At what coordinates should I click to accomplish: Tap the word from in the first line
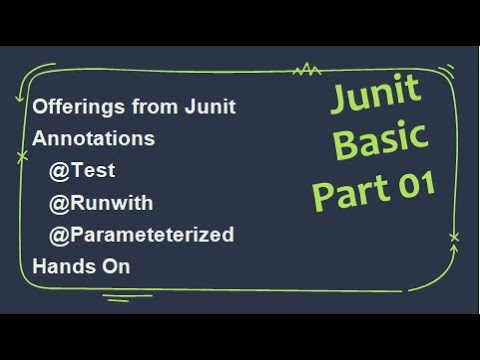pyautogui.click(x=152, y=107)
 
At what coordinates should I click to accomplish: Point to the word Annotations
pyautogui.click(x=93, y=139)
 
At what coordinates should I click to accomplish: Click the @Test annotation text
pyautogui.click(x=87, y=171)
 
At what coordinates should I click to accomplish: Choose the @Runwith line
pyautogui.click(x=100, y=203)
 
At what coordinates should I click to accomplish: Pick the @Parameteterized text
pyautogui.click(x=141, y=235)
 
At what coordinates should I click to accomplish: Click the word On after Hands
pyautogui.click(x=116, y=267)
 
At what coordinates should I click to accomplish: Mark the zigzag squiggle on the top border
pyautogui.click(x=305, y=70)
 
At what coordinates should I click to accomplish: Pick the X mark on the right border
pyautogui.click(x=454, y=237)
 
